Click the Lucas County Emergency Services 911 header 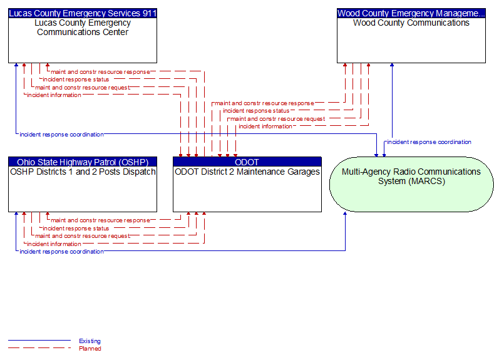[83, 13]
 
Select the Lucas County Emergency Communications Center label [83, 28]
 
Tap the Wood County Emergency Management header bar [411, 13]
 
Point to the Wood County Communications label [411, 23]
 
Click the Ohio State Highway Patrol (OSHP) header [83, 162]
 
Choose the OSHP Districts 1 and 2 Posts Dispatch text [83, 172]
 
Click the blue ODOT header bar [247, 162]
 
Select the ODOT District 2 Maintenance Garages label [247, 172]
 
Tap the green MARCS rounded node [411, 184]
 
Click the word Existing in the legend [90, 341]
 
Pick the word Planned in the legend [90, 348]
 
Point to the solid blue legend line [39, 341]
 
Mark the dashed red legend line [39, 348]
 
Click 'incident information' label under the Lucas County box [54, 95]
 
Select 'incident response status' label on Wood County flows [256, 111]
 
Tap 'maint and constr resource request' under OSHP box [83, 236]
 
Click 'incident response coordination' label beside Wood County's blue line [429, 142]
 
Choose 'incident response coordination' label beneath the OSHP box [61, 252]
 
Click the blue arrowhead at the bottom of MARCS [345, 213]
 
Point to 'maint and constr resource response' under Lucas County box [100, 72]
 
